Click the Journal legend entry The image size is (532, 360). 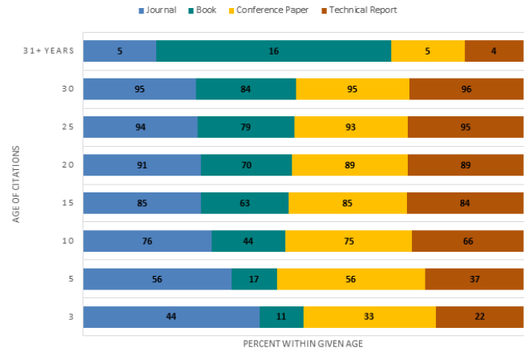point(160,10)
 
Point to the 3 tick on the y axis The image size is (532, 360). point(71,317)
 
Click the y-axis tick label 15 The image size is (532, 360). point(69,203)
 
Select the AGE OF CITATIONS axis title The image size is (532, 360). point(17,184)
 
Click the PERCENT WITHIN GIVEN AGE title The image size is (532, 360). point(304,343)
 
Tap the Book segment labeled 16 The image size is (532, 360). point(274,51)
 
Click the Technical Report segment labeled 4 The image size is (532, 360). point(494,51)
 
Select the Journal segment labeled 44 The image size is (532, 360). point(171,317)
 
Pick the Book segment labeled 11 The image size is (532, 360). point(281,317)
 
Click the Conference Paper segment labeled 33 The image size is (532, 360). point(369,317)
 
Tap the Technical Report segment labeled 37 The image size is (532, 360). point(474,279)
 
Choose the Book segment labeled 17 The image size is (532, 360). point(254,279)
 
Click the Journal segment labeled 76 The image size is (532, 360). point(147,241)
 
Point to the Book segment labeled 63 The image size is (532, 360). point(244,203)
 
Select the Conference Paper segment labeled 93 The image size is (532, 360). point(351,127)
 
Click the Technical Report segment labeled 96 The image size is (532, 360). point(466,89)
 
